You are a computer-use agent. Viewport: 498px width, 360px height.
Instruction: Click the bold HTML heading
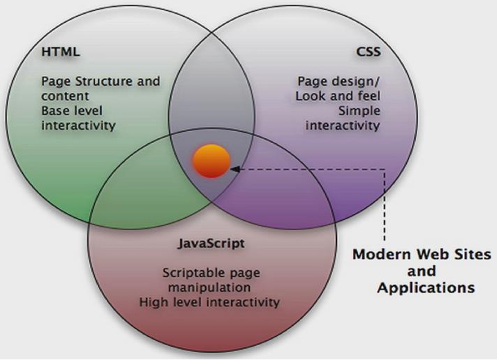(x=61, y=52)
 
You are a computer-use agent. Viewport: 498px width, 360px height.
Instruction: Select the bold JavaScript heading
(x=212, y=244)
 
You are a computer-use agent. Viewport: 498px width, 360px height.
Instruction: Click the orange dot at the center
(x=211, y=161)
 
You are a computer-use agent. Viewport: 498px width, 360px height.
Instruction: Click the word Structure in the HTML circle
(x=96, y=81)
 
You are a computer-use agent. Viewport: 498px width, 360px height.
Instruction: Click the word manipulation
(x=212, y=287)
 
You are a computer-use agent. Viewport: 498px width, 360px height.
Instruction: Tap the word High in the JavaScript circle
(x=152, y=301)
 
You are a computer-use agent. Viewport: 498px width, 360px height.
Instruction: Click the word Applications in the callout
(x=425, y=287)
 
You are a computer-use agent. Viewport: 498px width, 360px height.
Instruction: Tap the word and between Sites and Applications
(x=425, y=271)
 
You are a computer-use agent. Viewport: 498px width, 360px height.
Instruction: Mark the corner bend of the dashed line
(x=384, y=169)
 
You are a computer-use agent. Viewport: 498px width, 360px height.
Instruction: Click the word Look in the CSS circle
(x=310, y=96)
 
